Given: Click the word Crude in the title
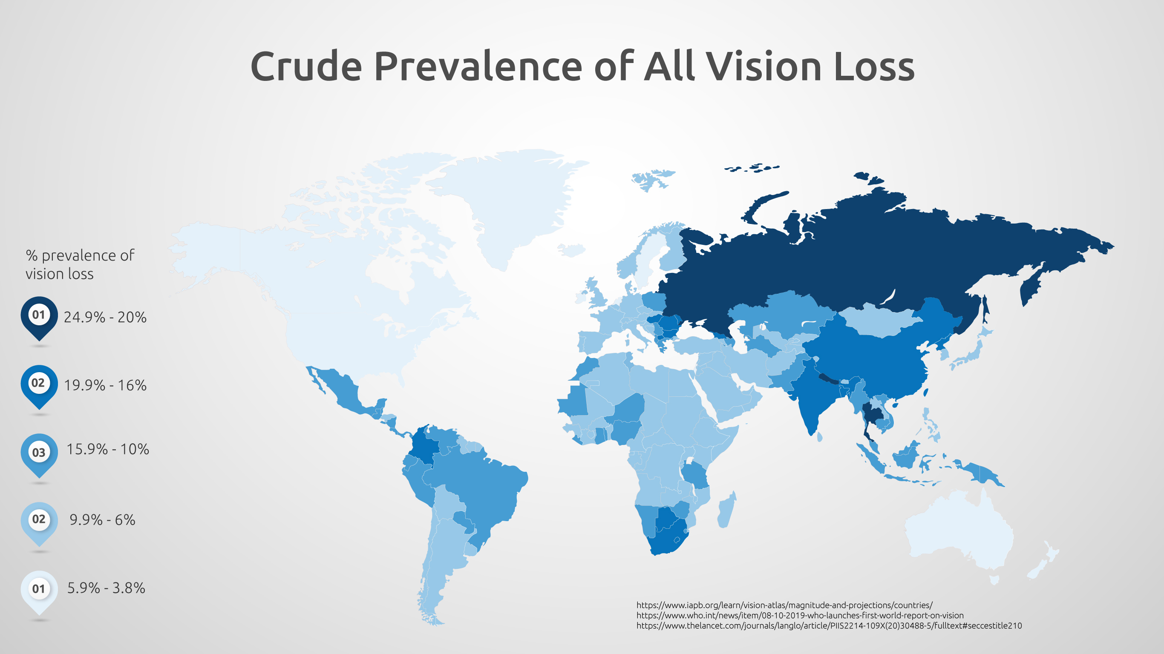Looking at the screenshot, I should (306, 67).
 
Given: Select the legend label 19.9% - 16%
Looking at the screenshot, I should (105, 385).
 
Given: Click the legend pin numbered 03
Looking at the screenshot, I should (39, 452).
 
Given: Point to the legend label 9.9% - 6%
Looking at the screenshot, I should (102, 520).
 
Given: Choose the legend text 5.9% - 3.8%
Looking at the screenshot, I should (106, 588).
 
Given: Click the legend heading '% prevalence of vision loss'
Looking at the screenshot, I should (80, 264).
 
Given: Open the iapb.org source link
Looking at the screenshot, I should (784, 605).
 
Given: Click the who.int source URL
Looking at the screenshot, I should (800, 616).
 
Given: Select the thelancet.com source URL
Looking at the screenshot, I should (829, 626).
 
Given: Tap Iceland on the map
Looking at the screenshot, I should (571, 250).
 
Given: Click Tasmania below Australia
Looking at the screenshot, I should (994, 579).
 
